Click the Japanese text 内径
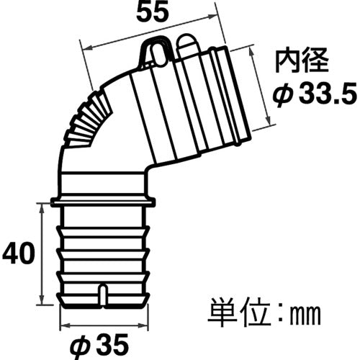click(294, 62)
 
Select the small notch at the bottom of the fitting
click(102, 294)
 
